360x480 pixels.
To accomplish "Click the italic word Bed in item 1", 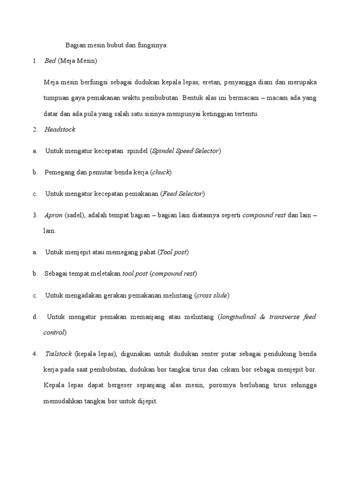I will tap(50, 61).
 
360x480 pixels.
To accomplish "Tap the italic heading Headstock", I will tap(60, 129).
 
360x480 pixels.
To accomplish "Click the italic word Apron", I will tap(53, 215).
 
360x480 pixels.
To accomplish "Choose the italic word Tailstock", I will tap(59, 353).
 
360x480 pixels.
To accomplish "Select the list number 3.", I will tap(35, 216).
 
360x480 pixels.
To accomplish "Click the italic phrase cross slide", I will tap(211, 295).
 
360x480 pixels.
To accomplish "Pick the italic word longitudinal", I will tap(238, 317).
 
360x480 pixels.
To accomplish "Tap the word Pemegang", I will tap(60, 172).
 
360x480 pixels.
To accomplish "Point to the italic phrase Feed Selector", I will tap(182, 194).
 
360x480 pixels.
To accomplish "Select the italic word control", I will tap(53, 332).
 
